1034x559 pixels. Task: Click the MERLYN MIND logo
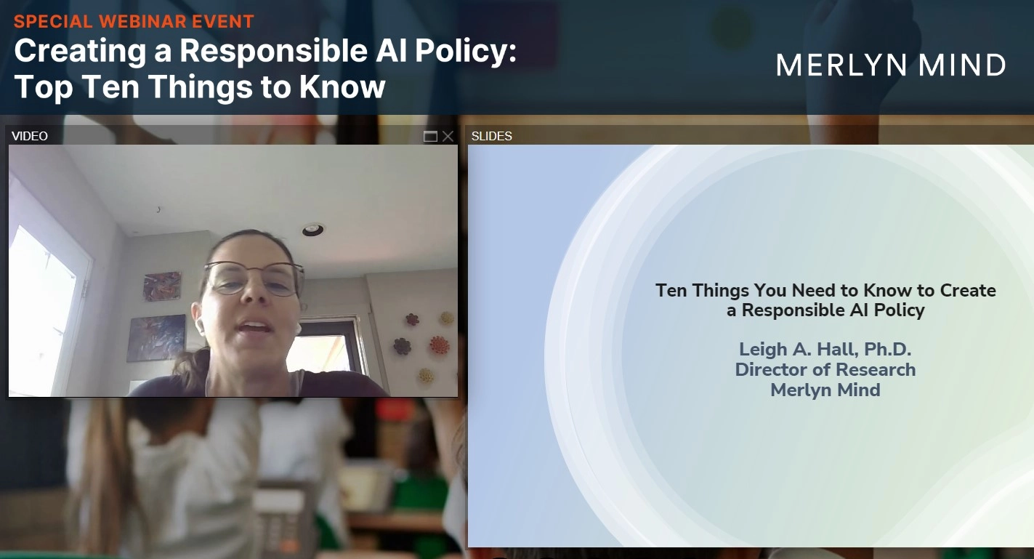pyautogui.click(x=891, y=65)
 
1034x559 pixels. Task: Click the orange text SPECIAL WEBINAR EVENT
pyautogui.click(x=134, y=21)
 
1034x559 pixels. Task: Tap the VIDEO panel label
pyautogui.click(x=30, y=136)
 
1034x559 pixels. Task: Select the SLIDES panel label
pyautogui.click(x=492, y=136)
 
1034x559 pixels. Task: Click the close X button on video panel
pyautogui.click(x=448, y=136)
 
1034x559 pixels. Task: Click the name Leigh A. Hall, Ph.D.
pyautogui.click(x=825, y=350)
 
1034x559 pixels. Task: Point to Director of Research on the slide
pyautogui.click(x=825, y=370)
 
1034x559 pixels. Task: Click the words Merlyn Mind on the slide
pyautogui.click(x=825, y=390)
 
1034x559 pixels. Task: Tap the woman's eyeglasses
pyautogui.click(x=254, y=278)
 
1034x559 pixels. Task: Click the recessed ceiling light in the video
pyautogui.click(x=313, y=230)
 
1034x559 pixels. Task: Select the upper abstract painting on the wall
pyautogui.click(x=162, y=286)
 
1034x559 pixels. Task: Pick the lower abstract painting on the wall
pyautogui.click(x=156, y=338)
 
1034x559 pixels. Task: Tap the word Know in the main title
pyautogui.click(x=342, y=87)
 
